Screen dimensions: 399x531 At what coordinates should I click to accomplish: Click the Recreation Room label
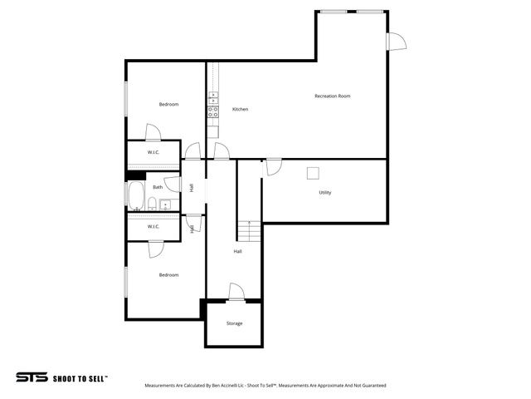(332, 96)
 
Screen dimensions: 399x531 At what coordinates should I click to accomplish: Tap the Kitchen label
(240, 110)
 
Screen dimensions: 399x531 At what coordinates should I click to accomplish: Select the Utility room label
(325, 193)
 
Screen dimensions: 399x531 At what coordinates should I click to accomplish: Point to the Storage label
(235, 323)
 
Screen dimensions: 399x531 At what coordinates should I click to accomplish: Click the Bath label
(158, 188)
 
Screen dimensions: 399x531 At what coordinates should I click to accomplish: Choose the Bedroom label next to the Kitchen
(168, 104)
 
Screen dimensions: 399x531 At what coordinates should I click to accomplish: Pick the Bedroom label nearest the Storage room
(168, 275)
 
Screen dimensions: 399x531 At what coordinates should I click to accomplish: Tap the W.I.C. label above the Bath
(153, 153)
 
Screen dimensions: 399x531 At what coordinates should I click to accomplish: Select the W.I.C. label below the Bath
(153, 226)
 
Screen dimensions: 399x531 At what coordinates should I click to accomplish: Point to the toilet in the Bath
(155, 204)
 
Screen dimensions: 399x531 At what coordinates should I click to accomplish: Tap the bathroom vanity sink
(166, 204)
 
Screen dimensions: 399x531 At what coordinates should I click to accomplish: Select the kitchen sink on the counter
(213, 98)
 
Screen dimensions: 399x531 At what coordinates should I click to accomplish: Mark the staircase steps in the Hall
(250, 229)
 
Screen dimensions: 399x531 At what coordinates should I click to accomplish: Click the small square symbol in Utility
(314, 172)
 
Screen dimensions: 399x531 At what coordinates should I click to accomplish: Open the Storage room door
(236, 292)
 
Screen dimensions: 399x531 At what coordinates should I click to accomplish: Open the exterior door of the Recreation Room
(396, 41)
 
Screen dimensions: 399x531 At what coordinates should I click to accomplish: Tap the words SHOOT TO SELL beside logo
(80, 378)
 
